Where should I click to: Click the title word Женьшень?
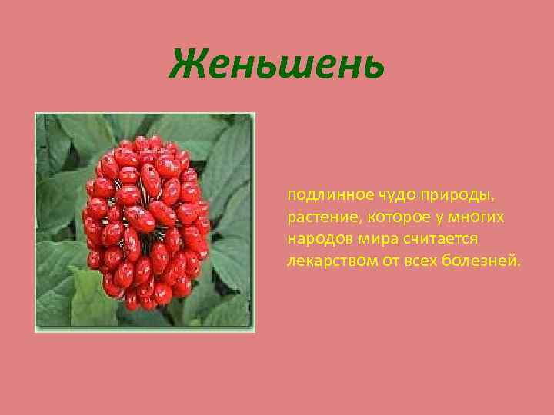tap(277, 64)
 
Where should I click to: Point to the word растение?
tap(318, 217)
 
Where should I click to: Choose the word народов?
tap(315, 239)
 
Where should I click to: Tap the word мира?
tap(369, 239)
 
